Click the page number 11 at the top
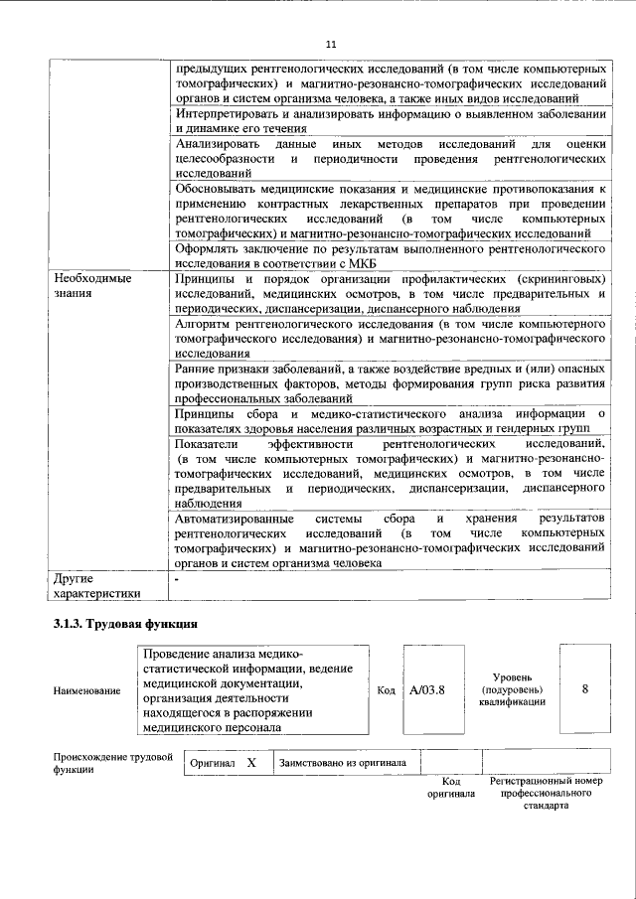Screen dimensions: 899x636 pos(331,44)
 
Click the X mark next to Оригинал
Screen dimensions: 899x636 pos(251,763)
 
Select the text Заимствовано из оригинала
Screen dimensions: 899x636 pos(343,763)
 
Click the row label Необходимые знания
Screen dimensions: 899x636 pos(92,286)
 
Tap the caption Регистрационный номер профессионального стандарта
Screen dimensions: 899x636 pos(547,794)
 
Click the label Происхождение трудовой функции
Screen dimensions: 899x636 pos(106,763)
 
